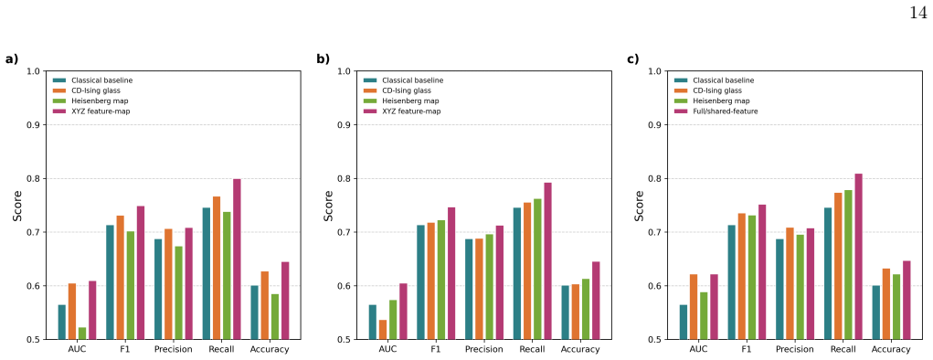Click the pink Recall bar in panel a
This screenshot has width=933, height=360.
237,259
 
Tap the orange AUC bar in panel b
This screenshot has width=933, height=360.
383,330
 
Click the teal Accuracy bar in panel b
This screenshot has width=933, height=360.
565,312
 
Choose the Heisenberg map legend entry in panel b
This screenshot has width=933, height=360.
402,101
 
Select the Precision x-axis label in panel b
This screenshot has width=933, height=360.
483,349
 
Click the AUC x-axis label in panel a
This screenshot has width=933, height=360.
77,349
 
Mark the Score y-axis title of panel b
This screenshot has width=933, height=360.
328,206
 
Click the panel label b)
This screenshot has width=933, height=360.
323,58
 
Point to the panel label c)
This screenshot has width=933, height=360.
632,58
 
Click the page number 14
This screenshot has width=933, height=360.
918,13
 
